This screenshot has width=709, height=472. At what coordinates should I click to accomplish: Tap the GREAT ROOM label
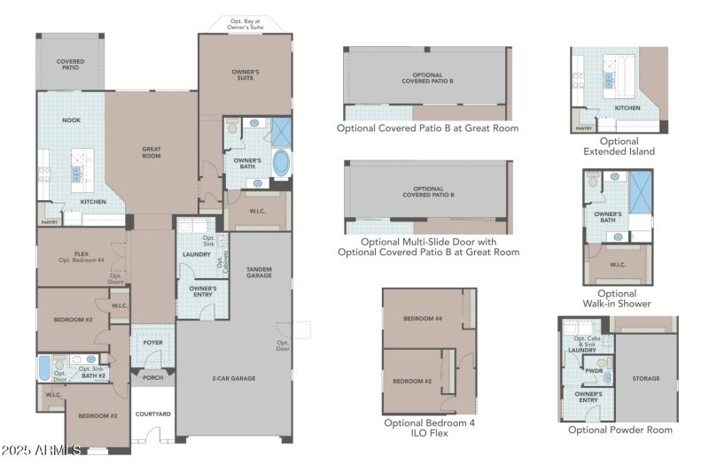[151, 153]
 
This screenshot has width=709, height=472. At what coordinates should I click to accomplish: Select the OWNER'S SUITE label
[245, 74]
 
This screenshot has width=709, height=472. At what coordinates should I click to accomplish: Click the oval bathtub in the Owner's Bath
[280, 164]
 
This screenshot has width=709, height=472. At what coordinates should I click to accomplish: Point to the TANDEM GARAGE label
[259, 272]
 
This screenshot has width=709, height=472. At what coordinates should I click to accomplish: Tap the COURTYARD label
[152, 414]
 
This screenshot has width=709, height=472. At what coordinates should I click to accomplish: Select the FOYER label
[153, 343]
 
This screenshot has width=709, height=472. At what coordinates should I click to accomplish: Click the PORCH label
[152, 378]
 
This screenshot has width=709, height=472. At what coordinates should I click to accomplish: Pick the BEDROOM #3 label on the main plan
[97, 415]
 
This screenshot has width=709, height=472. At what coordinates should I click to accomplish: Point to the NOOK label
[71, 120]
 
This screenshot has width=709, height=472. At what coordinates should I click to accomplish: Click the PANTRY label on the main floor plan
[49, 222]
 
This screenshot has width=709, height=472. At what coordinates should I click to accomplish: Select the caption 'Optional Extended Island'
[619, 146]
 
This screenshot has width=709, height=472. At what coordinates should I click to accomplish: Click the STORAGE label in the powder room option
[645, 378]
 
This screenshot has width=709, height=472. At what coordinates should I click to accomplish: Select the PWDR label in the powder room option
[595, 372]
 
